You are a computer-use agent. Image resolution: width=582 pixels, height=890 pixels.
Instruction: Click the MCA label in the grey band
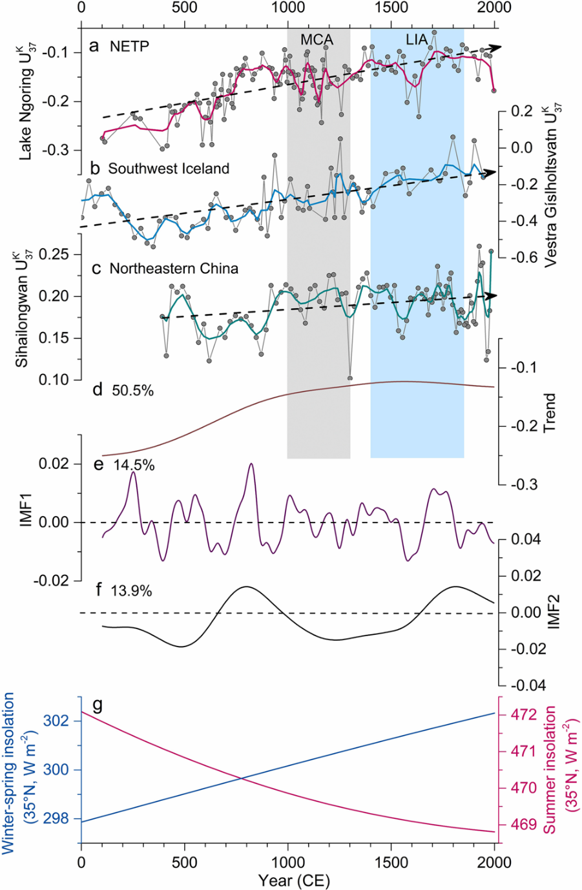(x=317, y=40)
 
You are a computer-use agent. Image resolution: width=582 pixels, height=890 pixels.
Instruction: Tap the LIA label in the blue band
(x=417, y=39)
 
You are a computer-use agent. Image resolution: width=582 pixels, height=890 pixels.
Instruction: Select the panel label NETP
(x=129, y=47)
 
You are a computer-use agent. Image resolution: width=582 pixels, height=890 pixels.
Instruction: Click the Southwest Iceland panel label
(x=169, y=169)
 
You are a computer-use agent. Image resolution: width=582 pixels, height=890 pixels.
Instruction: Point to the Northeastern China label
(x=174, y=268)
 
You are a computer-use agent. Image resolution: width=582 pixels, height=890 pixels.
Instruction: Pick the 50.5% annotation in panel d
(x=132, y=390)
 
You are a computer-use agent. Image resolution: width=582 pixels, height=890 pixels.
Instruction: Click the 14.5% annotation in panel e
(x=134, y=465)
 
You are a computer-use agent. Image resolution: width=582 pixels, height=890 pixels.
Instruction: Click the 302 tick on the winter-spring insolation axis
(x=56, y=720)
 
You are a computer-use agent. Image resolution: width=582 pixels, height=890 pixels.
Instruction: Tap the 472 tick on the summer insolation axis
(x=524, y=715)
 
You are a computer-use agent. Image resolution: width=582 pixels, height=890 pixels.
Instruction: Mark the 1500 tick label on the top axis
(x=391, y=8)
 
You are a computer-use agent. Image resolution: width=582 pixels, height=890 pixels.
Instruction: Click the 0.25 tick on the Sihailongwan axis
(x=55, y=254)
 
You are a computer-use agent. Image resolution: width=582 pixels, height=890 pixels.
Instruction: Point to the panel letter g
(x=98, y=705)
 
